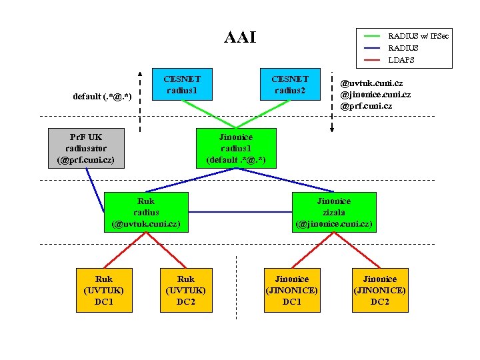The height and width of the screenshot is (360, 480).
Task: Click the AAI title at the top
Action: point(240,37)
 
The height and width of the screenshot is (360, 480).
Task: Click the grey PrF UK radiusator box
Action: point(86,147)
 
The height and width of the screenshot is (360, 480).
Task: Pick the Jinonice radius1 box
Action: point(236,147)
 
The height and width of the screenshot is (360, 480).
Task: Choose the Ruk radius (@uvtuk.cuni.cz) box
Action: point(145,212)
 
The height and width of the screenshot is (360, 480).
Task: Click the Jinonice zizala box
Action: point(333,212)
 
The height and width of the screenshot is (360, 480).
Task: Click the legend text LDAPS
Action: point(401,60)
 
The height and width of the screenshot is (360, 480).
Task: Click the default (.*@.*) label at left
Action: point(102,97)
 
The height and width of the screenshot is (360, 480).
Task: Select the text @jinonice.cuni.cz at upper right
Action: point(375,95)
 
